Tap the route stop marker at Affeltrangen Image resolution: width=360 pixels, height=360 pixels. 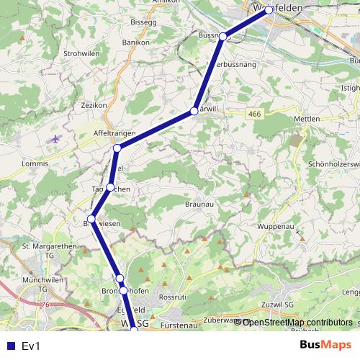117,148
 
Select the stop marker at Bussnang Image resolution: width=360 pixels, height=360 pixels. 223,37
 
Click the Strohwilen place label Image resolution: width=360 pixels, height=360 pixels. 81,54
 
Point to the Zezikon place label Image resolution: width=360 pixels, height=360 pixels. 94,105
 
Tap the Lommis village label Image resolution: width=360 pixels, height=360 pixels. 35,164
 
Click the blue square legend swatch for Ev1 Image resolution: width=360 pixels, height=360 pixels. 10,346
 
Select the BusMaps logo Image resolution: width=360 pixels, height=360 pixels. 326,345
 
